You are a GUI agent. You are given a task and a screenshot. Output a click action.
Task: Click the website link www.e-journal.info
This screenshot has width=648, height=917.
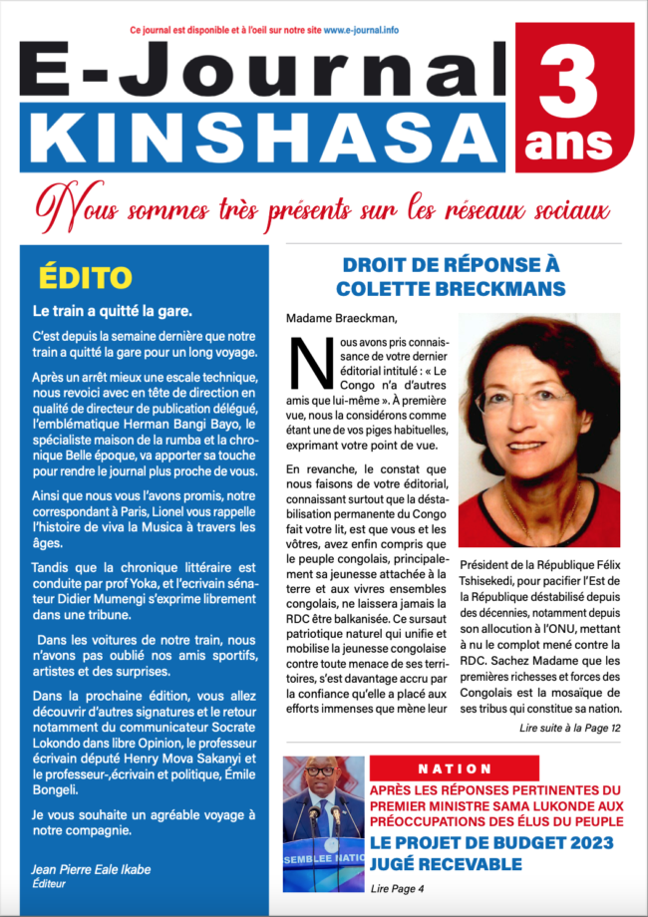[x=360, y=31]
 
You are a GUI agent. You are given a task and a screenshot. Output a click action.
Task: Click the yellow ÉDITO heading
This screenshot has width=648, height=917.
[x=85, y=276]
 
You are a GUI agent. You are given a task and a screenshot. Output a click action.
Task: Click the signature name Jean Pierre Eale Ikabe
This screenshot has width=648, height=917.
[x=92, y=869]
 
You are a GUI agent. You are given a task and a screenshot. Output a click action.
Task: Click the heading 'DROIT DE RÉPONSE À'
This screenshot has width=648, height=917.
[x=451, y=265]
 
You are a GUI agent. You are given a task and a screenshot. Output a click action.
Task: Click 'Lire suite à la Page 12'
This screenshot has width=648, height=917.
[x=569, y=729]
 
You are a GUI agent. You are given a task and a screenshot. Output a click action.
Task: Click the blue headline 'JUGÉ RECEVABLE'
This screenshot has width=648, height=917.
[x=446, y=864]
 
